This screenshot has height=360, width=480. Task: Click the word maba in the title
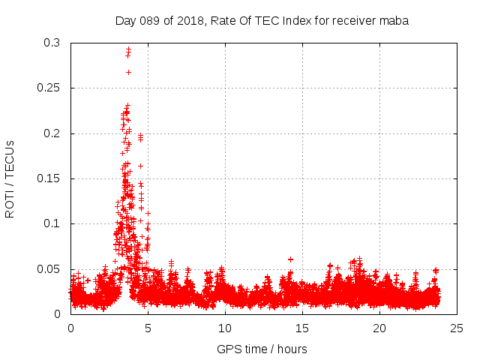pos(394,21)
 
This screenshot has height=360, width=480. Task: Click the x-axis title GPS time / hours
pos(262,349)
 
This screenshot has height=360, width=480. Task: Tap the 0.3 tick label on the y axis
pos(52,43)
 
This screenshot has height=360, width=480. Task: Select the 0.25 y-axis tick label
pos(49,88)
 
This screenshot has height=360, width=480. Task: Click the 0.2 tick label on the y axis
pos(52,133)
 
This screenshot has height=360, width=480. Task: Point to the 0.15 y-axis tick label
pos(49,178)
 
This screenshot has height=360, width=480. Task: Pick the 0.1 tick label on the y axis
pos(52,223)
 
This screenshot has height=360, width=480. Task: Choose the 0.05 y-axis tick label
pos(49,269)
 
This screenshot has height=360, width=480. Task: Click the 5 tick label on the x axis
pos(148,328)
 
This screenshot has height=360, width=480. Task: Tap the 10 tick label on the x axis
pos(225,328)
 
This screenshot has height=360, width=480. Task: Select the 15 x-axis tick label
pos(302,328)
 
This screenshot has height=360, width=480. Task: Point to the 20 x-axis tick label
pos(379,328)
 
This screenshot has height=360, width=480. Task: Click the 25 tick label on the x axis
pos(457,328)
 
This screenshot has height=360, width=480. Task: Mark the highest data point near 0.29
pos(128,49)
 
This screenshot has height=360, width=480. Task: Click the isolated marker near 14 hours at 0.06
pos(290,259)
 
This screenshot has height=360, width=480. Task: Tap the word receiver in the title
pos(351,21)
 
